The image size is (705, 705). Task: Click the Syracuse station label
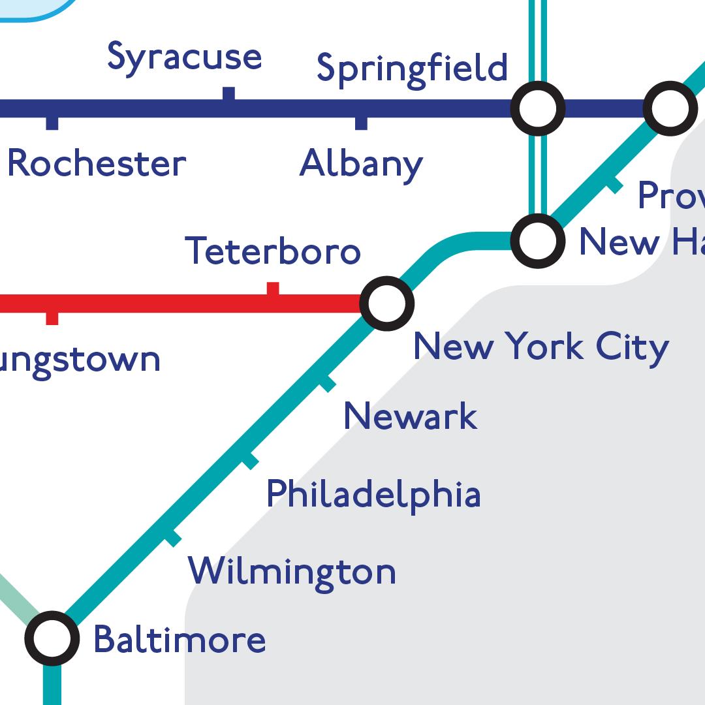pyautogui.click(x=184, y=57)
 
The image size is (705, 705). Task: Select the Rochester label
pyautogui.click(x=97, y=164)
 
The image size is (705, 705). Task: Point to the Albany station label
pyautogui.click(x=361, y=164)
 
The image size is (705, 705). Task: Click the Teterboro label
pyautogui.click(x=273, y=251)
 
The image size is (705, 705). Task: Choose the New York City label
pyautogui.click(x=541, y=347)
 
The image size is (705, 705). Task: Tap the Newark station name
pyautogui.click(x=410, y=416)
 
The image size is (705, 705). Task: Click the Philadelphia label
pyautogui.click(x=373, y=494)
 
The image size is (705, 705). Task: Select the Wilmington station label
pyautogui.click(x=292, y=571)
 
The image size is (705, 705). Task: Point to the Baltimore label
pyautogui.click(x=180, y=640)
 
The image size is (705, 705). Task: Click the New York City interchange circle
pyautogui.click(x=387, y=304)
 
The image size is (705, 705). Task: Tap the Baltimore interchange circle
pyautogui.click(x=52, y=638)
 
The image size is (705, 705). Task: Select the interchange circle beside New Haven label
pyautogui.click(x=538, y=241)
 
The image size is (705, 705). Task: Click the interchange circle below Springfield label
pyautogui.click(x=538, y=108)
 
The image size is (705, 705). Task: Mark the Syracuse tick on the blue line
pyautogui.click(x=228, y=94)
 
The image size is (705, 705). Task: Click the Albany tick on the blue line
pyautogui.click(x=361, y=123)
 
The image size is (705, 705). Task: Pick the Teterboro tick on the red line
pyautogui.click(x=273, y=289)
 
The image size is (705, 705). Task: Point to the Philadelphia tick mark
pyautogui.click(x=250, y=462)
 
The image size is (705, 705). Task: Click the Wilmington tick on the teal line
pyautogui.click(x=172, y=539)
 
